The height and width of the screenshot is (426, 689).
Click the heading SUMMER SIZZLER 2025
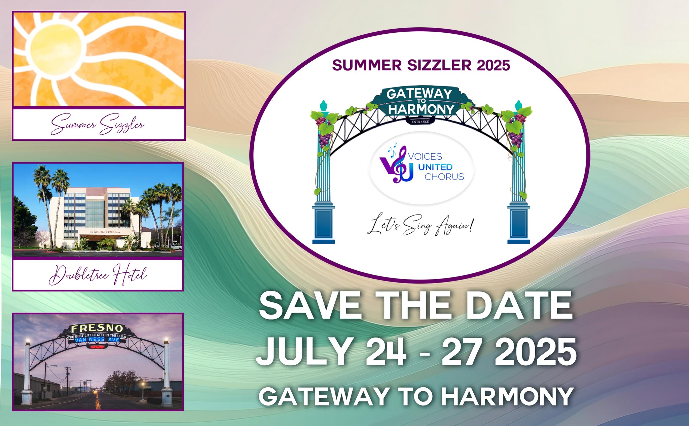pos(421,65)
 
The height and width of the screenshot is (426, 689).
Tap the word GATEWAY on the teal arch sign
pos(419,94)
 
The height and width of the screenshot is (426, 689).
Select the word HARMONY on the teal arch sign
pos(421,109)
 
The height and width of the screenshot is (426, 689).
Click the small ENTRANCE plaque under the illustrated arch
pos(420,122)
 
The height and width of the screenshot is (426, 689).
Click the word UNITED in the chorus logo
pos(435,167)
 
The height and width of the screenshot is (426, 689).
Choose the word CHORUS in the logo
pos(444,177)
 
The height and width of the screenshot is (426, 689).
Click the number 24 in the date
pos(386,352)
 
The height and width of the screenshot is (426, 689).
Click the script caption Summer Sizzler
pos(98,125)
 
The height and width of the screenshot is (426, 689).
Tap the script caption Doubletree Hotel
pos(98,275)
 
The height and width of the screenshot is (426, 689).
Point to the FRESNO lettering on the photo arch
pos(97,328)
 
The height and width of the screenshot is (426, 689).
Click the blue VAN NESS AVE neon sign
pos(97,340)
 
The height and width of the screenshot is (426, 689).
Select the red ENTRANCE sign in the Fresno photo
pos(96,347)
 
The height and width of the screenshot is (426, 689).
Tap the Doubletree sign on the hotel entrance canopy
pos(106,232)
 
